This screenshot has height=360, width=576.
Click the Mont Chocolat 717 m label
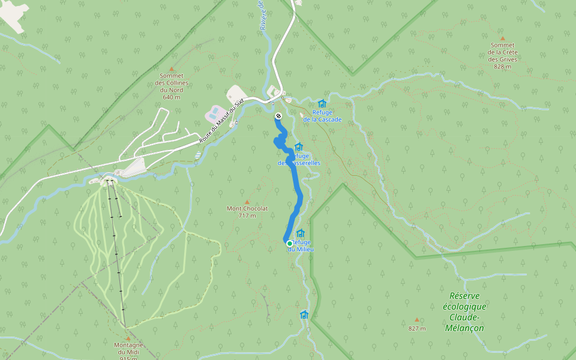coord(247,212)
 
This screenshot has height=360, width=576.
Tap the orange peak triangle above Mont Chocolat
coord(247,202)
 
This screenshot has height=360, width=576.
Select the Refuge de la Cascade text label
coord(322,116)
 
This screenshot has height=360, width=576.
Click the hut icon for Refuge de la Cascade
coord(322,104)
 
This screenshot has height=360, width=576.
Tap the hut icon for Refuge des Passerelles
coord(299,147)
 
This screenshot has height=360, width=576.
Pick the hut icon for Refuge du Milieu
coord(300,233)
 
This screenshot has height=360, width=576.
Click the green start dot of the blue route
coord(289,243)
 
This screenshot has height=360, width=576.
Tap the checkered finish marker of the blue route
coord(278,115)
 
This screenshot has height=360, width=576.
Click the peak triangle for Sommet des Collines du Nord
coord(172,69)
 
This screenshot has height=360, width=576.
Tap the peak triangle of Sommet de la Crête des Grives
coord(503,38)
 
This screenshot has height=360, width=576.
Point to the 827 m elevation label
coord(416,328)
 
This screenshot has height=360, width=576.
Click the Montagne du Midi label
coord(128,352)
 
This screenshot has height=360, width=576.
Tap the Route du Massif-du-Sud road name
coord(221,122)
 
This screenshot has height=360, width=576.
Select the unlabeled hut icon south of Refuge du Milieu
coord(304,314)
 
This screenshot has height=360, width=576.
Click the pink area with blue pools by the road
coord(215,112)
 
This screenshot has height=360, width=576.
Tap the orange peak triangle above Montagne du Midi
coord(128,339)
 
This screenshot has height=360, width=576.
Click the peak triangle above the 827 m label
coord(416,320)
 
